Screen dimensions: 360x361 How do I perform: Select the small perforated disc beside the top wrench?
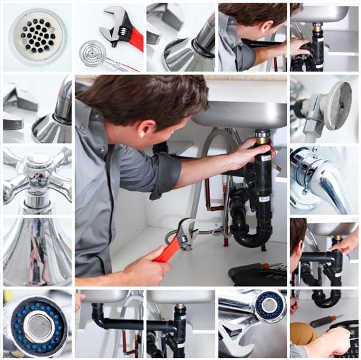(93, 52)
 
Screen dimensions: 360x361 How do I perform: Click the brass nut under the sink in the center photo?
(263, 138)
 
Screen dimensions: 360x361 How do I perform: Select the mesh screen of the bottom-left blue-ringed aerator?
(40, 326)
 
